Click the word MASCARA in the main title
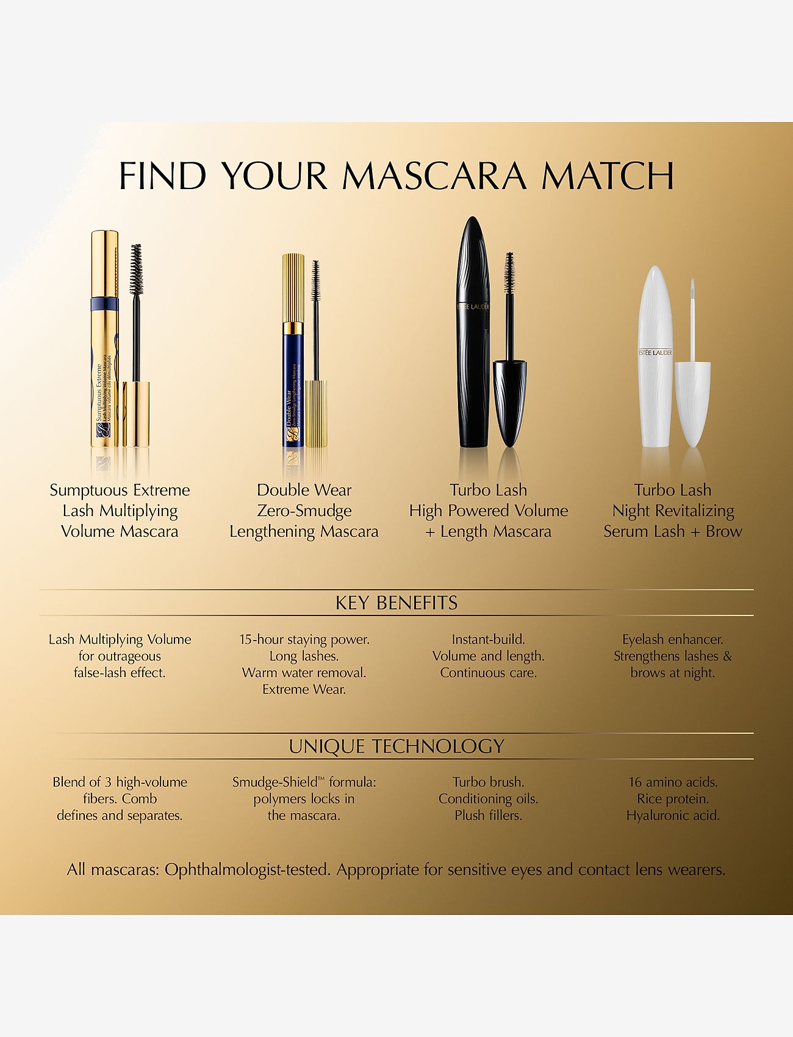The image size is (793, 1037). click(434, 176)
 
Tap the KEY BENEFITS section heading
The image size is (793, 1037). click(396, 603)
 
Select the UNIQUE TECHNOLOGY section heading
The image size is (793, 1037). click(396, 746)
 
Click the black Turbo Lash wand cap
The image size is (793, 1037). click(510, 400)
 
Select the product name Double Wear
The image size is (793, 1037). click(304, 490)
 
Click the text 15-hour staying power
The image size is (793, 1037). click(304, 639)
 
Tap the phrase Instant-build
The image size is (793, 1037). click(488, 639)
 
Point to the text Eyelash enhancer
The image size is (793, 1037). click(672, 639)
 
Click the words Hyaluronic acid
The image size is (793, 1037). click(673, 815)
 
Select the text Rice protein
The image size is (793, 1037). click(673, 798)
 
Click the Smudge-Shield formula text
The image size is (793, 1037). click(304, 782)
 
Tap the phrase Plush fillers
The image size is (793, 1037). click(488, 815)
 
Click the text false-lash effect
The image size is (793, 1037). click(120, 673)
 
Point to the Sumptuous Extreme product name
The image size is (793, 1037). click(120, 490)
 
